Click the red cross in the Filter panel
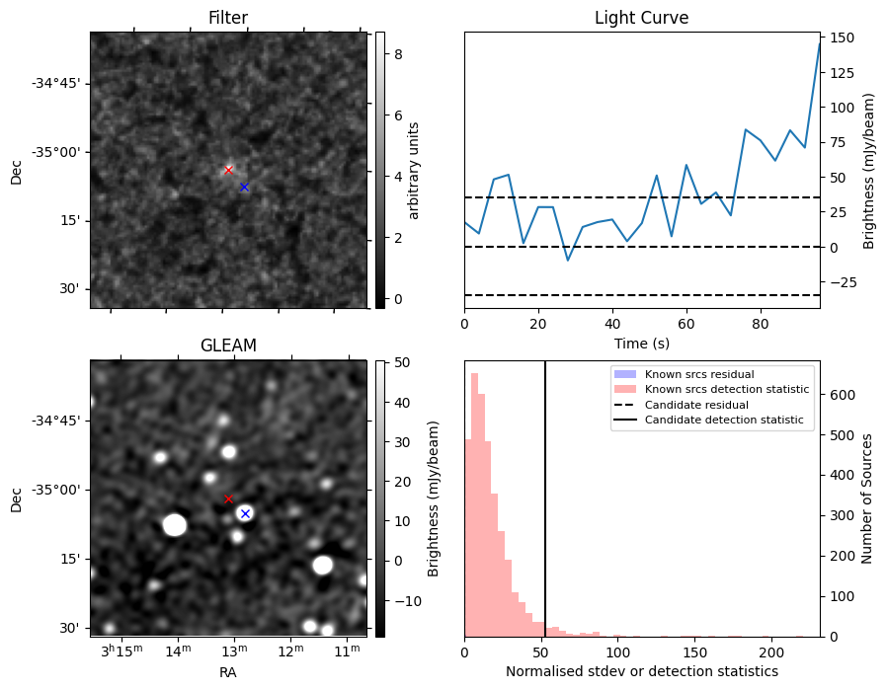point(228,170)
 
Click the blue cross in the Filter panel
point(244,187)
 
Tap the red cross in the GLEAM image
point(228,499)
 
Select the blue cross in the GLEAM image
point(245,513)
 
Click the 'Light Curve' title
point(641,18)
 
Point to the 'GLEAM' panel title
point(228,345)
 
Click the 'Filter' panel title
point(228,18)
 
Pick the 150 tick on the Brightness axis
point(842,38)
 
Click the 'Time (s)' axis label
point(641,344)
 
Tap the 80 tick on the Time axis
point(761,324)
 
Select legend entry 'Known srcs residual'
point(699,374)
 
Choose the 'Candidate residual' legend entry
point(696,405)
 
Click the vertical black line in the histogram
point(545,499)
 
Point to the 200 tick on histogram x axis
point(771,652)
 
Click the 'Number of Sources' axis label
point(866,499)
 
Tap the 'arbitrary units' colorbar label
point(414,171)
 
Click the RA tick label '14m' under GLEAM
point(178,652)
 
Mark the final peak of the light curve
point(820,43)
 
